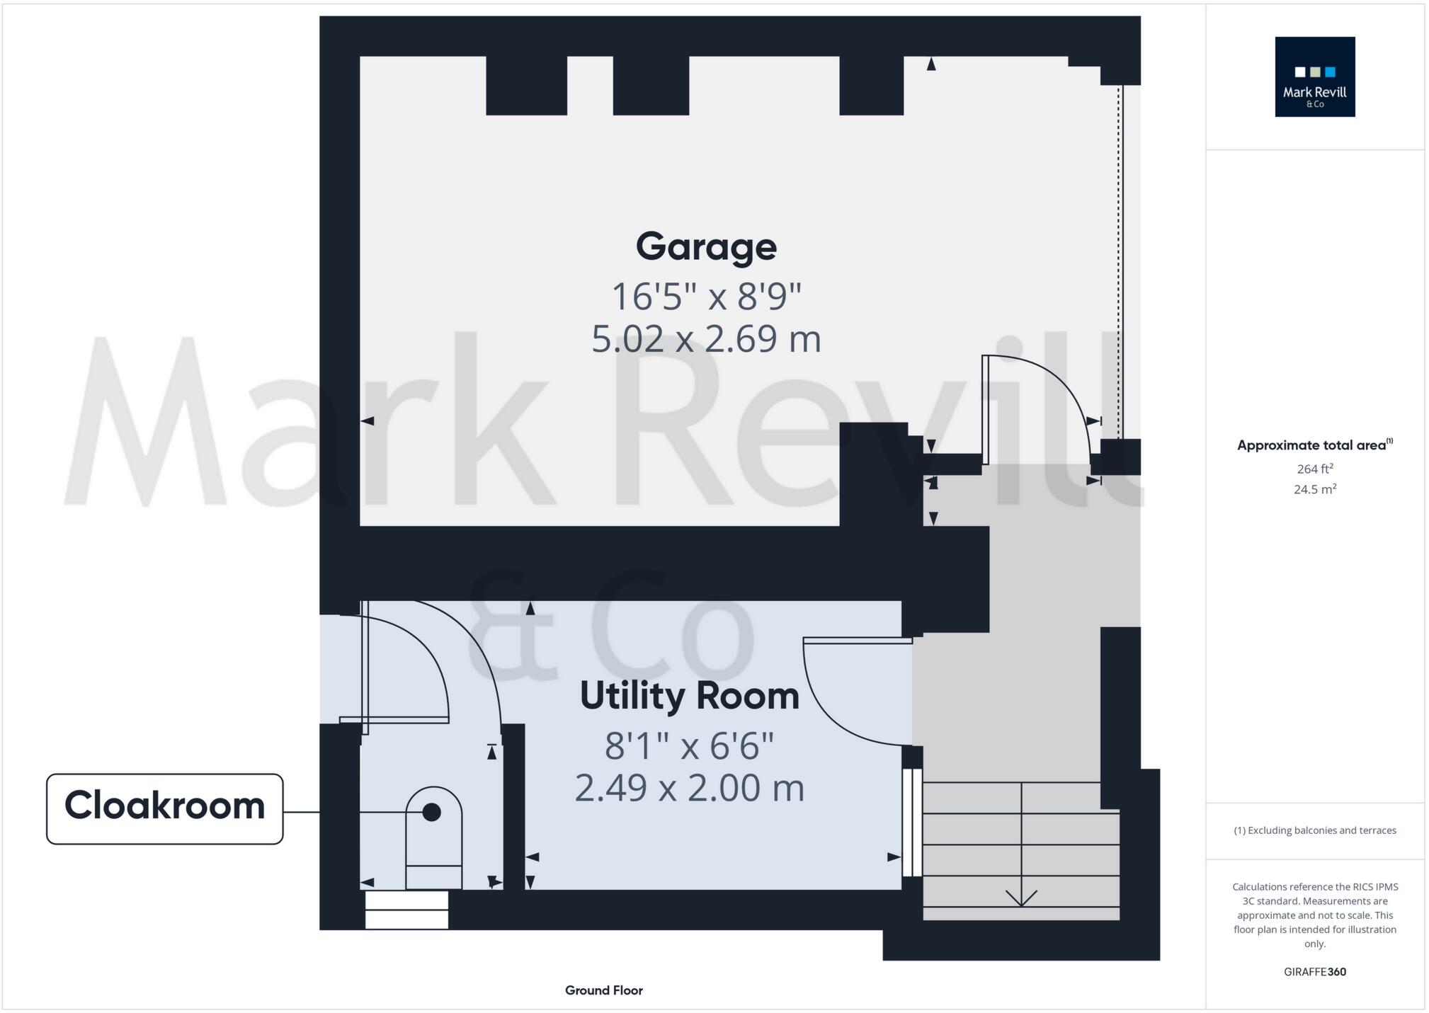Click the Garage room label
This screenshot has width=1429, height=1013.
pyautogui.click(x=706, y=246)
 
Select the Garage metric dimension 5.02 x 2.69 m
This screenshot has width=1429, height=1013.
pyautogui.click(x=706, y=338)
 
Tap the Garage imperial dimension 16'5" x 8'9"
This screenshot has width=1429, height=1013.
pyautogui.click(x=706, y=296)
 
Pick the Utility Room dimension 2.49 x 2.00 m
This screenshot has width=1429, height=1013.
pyautogui.click(x=689, y=788)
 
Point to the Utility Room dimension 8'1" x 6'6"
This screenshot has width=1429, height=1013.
pyautogui.click(x=689, y=745)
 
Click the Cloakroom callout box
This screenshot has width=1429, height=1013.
pyautogui.click(x=164, y=808)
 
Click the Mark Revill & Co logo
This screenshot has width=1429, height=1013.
pyautogui.click(x=1314, y=76)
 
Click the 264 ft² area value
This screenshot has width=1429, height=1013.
pyautogui.click(x=1314, y=469)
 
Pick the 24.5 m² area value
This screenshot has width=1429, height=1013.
pyautogui.click(x=1314, y=489)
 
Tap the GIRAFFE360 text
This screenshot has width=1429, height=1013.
pyautogui.click(x=1314, y=972)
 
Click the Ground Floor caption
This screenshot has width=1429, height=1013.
pyautogui.click(x=603, y=990)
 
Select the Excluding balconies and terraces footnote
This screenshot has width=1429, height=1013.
pyautogui.click(x=1314, y=830)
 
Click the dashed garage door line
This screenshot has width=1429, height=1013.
pyautogui.click(x=1120, y=262)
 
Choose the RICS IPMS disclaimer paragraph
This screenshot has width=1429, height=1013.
pyautogui.click(x=1314, y=915)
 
